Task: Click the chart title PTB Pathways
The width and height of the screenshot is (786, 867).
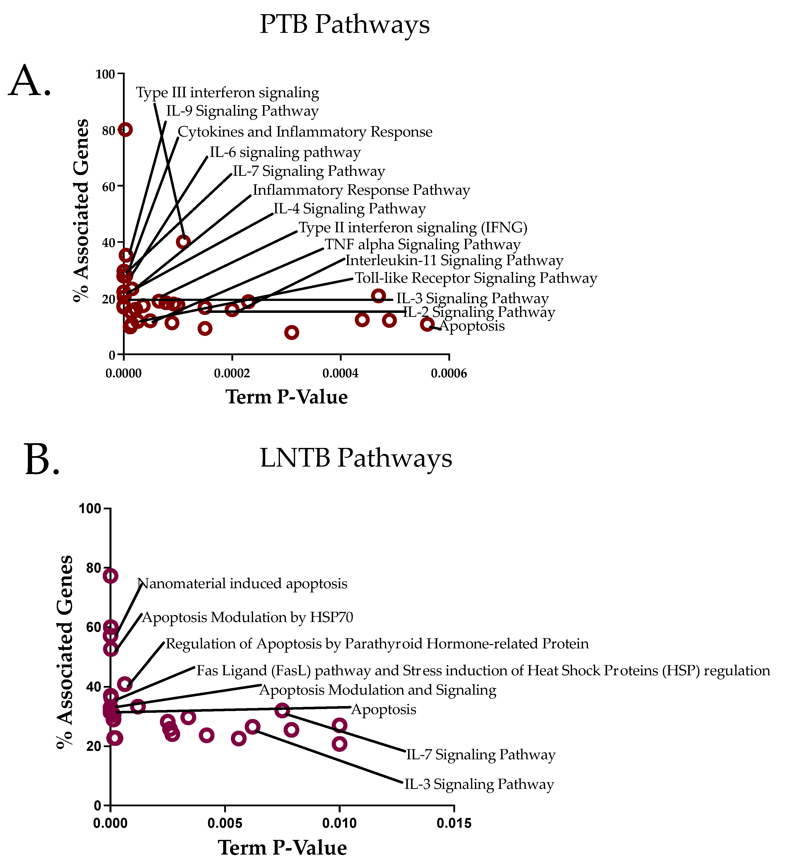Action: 345,25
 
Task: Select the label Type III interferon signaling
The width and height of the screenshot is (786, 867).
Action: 227,93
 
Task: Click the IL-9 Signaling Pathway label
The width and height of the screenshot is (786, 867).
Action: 242,111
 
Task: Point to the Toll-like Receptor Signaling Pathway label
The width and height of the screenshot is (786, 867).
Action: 476,278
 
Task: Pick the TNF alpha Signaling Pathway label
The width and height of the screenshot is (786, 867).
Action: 422,245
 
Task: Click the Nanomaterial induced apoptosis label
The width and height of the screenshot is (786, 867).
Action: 242,583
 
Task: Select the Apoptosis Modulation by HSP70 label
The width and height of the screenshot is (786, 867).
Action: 247,618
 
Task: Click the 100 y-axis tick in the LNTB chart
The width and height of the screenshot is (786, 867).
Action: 90,509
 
